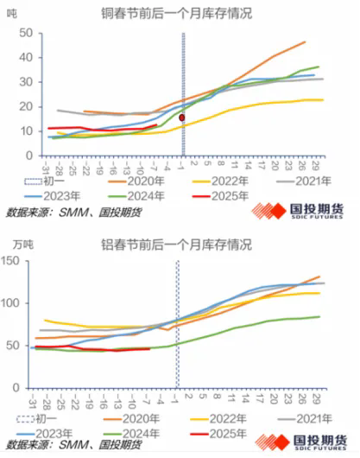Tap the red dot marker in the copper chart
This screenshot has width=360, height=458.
point(182,117)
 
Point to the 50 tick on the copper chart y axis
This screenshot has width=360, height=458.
point(26,33)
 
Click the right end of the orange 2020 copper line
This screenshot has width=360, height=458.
point(305,41)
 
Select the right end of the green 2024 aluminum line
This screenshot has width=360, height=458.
point(321,316)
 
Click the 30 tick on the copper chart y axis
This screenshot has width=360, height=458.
point(26,78)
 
